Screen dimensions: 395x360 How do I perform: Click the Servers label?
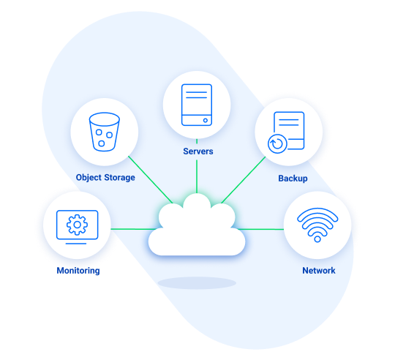[x=198, y=151]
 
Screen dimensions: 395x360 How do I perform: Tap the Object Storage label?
[x=105, y=178]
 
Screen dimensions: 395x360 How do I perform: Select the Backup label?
[x=293, y=179]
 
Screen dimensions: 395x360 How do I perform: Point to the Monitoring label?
[x=78, y=271]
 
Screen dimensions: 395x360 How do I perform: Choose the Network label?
[x=319, y=271]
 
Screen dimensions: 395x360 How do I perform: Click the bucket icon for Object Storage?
[x=105, y=132]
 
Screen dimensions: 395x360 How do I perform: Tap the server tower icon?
[x=197, y=105]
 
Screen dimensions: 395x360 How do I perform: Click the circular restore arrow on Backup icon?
[x=277, y=144]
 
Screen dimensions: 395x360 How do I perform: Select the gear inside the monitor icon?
[x=77, y=225]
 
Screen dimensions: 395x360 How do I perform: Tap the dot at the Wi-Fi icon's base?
[x=317, y=239]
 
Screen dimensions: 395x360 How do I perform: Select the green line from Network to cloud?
[x=260, y=229]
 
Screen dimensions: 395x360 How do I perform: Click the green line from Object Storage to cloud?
[x=151, y=179]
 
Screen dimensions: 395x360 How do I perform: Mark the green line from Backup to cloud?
[x=244, y=180]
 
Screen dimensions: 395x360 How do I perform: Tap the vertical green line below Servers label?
[x=197, y=176]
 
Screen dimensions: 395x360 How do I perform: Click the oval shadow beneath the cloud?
[x=197, y=283]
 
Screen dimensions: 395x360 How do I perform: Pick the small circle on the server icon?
[x=206, y=121]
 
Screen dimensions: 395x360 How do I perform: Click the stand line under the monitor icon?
[x=76, y=244]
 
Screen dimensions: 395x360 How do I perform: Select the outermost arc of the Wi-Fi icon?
[x=317, y=210]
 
